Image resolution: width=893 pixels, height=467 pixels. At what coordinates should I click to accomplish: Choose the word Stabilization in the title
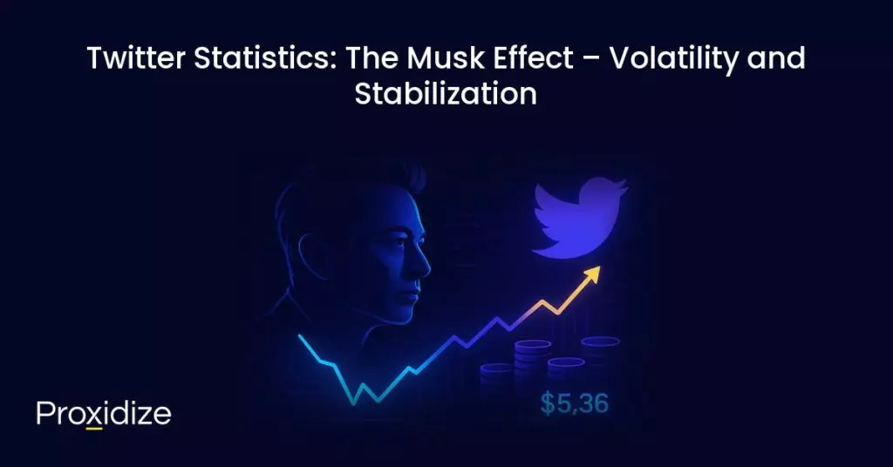click(446, 94)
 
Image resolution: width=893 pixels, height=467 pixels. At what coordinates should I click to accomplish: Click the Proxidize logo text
click(104, 414)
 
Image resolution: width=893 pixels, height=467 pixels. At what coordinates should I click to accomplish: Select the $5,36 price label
click(573, 403)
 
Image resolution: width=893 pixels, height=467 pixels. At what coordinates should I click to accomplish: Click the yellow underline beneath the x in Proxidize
click(95, 428)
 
